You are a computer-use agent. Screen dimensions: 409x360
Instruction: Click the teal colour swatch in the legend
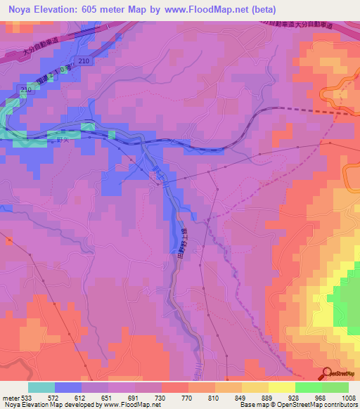[41, 387]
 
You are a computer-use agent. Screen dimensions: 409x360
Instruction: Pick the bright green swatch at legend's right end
[335, 387]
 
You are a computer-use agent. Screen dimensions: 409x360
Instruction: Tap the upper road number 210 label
[85, 62]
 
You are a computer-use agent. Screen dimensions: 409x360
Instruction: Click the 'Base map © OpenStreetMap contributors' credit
[297, 405]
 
